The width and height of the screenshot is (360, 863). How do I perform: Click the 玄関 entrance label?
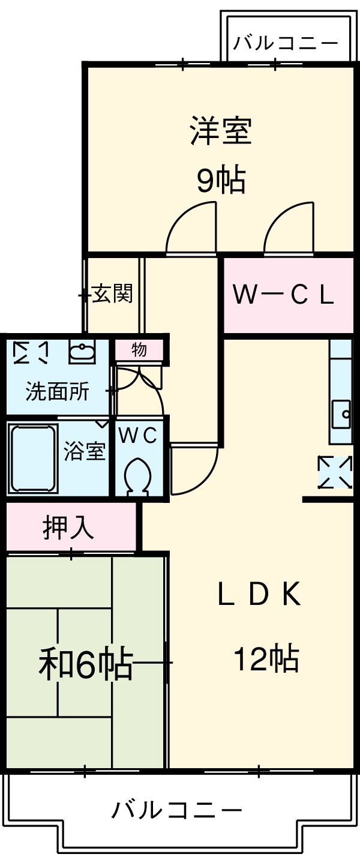click(x=112, y=294)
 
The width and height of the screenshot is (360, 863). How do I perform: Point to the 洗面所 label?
click(x=57, y=391)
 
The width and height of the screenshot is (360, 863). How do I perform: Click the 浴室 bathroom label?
click(x=85, y=451)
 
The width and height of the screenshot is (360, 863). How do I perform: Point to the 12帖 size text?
click(x=266, y=659)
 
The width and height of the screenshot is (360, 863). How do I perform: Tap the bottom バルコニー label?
click(x=177, y=810)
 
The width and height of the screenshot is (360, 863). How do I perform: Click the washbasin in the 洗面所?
click(x=82, y=352)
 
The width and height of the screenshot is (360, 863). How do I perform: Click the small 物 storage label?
click(x=139, y=349)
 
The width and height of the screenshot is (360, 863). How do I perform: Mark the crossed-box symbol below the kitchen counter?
click(x=335, y=472)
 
